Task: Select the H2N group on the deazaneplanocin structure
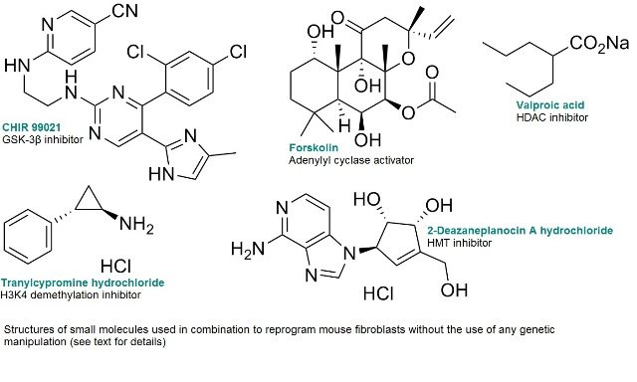pos(249,244)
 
